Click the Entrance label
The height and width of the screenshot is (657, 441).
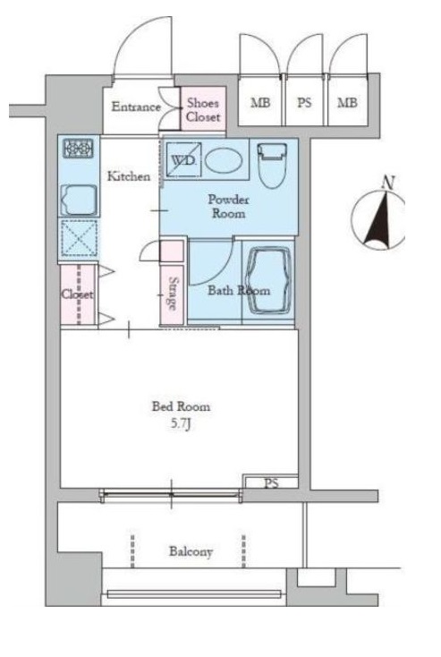click(136, 107)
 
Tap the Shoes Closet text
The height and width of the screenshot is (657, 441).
click(203, 109)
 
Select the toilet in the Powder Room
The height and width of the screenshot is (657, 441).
click(273, 166)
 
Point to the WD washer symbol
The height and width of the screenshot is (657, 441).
click(183, 160)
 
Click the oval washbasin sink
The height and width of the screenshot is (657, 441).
click(224, 161)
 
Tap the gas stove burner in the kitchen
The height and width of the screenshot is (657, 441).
click(79, 149)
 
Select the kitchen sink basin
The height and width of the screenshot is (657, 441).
click(79, 200)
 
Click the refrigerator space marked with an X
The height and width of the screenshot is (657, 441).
click(79, 237)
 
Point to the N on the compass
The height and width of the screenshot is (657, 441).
click(389, 183)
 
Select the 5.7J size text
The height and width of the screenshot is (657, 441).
click(182, 424)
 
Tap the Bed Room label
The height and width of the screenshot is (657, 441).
click(181, 406)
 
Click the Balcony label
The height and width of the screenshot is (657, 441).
click(191, 551)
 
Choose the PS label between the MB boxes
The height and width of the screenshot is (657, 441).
click(304, 102)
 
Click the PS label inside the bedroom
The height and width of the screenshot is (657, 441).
click(271, 483)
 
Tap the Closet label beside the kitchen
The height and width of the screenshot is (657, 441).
click(78, 294)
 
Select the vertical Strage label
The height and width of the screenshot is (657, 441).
click(173, 294)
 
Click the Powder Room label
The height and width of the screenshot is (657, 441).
click(229, 206)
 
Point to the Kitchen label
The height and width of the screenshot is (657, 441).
click(129, 176)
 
